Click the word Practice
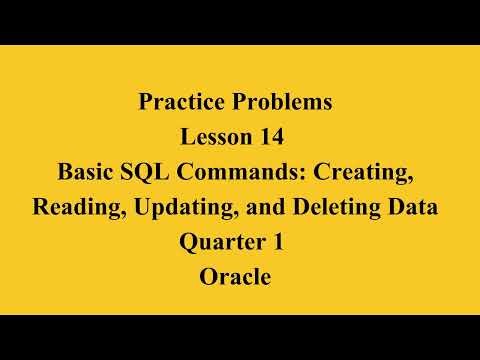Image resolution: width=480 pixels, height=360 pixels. click(x=176, y=102)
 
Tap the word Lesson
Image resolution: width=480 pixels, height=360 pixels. click(x=216, y=137)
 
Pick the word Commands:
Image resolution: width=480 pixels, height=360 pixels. click(x=253, y=172)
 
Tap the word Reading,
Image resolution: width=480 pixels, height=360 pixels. click(x=76, y=208)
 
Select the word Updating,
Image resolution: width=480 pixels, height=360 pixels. click(x=175, y=208)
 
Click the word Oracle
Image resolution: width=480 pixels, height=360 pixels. click(x=236, y=278)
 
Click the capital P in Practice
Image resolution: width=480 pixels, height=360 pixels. click(x=142, y=102)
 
